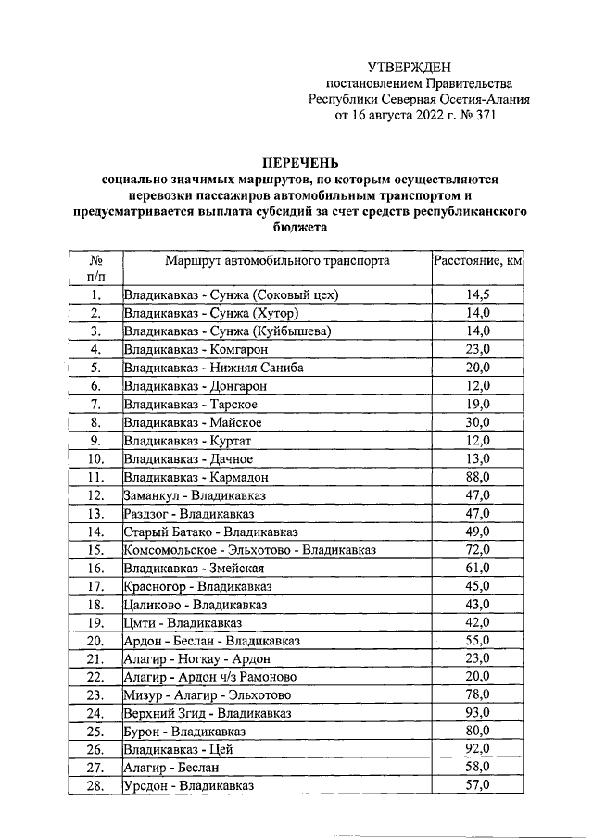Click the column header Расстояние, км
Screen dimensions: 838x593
pyautogui.click(x=478, y=261)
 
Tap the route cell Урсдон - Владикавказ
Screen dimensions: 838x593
pyautogui.click(x=189, y=785)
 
